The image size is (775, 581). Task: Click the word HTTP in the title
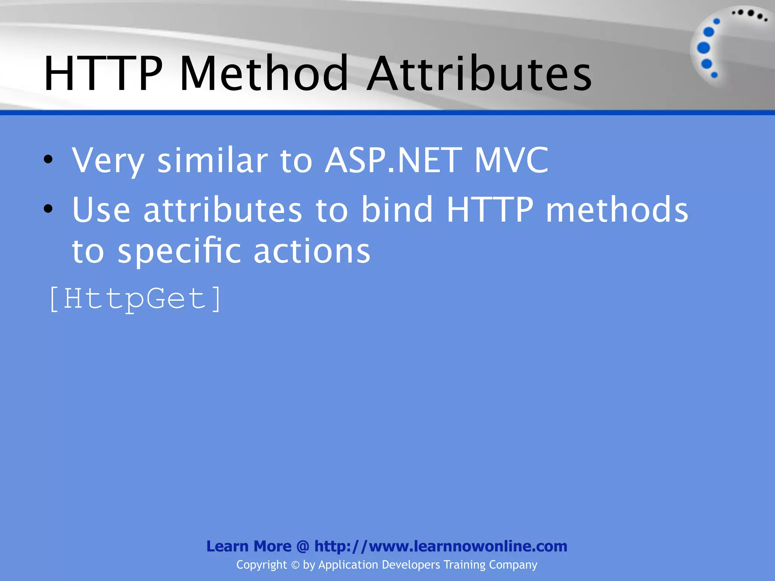(x=103, y=74)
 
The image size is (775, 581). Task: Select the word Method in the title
(x=264, y=74)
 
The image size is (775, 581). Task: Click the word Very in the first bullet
(x=108, y=161)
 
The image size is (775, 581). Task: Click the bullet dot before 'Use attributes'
(x=48, y=209)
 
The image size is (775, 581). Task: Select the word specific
(x=179, y=252)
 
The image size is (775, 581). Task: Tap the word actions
(x=312, y=252)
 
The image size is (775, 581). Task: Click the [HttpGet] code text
(x=135, y=299)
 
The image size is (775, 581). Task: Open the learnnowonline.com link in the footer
(x=440, y=546)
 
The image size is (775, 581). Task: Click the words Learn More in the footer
(x=249, y=546)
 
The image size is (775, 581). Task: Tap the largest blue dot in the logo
(x=703, y=48)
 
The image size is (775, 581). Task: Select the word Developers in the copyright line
(x=411, y=565)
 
